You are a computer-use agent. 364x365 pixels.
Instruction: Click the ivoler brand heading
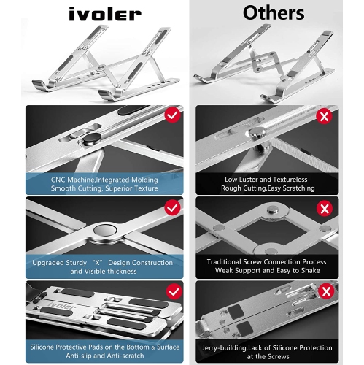[105, 14]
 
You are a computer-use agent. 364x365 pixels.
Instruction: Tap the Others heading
[274, 13]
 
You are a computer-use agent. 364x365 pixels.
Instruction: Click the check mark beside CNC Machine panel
[173, 115]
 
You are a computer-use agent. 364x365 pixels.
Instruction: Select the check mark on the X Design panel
[172, 207]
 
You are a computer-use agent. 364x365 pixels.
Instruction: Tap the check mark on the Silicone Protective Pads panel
[174, 291]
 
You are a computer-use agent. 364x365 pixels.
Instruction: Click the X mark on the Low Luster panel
[325, 116]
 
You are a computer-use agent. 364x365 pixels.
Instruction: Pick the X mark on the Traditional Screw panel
[325, 209]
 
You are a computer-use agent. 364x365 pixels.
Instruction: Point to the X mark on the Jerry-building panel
[326, 291]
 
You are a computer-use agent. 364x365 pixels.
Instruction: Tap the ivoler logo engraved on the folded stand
[62, 305]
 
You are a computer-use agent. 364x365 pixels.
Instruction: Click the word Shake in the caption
[311, 271]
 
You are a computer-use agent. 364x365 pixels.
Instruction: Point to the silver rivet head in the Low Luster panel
[257, 131]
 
